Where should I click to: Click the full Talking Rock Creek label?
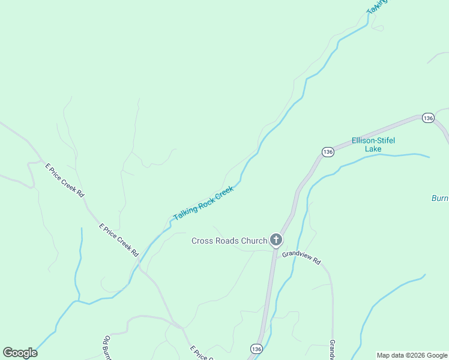coord(203,203)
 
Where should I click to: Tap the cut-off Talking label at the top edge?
coord(377,6)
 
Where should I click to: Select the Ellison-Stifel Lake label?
coord(373,145)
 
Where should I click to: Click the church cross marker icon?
coord(276,241)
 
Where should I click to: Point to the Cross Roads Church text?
coord(229,241)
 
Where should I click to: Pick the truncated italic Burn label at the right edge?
coord(440,198)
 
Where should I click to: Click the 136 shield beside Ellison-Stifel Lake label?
coord(327,152)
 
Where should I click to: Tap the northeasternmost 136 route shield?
coord(427,118)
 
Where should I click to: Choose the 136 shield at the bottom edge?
coord(256,349)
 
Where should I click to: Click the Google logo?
coord(20,353)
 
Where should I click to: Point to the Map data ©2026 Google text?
coord(412,355)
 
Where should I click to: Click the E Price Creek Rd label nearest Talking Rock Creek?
coord(119,240)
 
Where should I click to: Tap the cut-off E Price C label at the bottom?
coord(202,353)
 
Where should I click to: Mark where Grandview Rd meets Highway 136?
coord(276,250)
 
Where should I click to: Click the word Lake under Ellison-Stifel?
coord(373,149)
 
